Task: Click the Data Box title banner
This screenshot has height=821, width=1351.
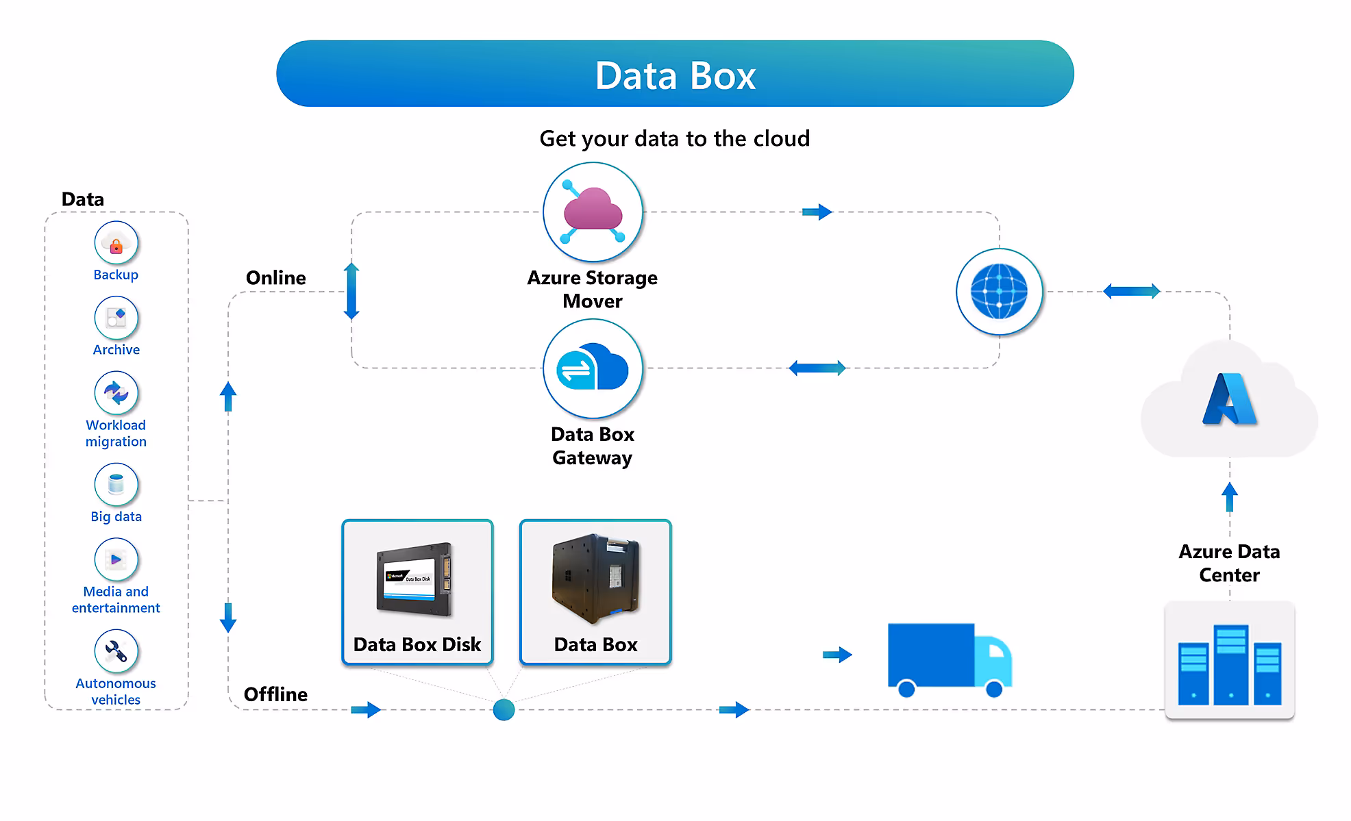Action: coord(675,74)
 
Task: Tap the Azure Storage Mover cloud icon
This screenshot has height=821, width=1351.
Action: coord(593,212)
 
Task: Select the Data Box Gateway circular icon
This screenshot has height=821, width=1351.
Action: coord(593,368)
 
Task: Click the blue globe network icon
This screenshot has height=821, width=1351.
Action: coord(999,292)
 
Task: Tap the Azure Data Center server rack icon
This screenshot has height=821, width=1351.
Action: coord(1229,661)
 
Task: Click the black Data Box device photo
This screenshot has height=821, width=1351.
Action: coord(595,579)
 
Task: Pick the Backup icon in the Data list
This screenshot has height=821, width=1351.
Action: coord(116,242)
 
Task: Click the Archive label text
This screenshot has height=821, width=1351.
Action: coord(116,350)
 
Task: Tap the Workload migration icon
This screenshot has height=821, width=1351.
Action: coord(116,392)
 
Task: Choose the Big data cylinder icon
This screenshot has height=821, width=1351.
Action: coord(116,484)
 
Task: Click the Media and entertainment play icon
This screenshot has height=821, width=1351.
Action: coord(116,559)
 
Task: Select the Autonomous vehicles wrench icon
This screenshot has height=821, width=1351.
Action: coord(116,651)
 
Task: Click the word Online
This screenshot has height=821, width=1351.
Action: coord(275,278)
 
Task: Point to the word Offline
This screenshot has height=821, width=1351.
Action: coord(275,694)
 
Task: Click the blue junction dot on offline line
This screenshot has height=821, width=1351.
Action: coord(504,710)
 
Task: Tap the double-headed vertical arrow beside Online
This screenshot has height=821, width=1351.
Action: coord(351,291)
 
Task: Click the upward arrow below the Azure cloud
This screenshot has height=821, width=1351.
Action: coord(1229,497)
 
